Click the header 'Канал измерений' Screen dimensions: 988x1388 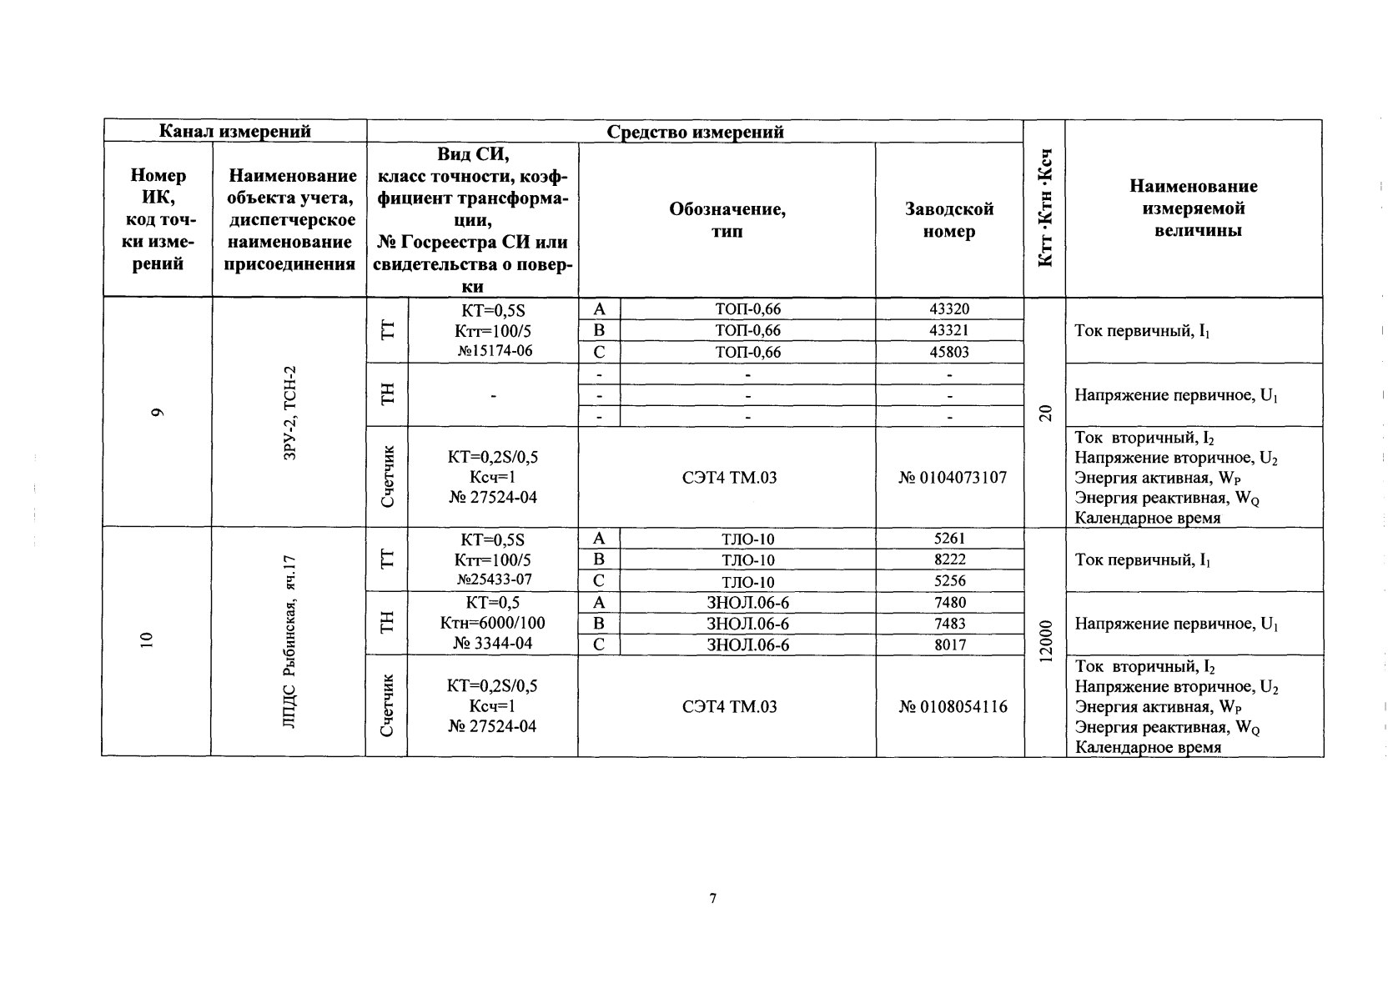234,131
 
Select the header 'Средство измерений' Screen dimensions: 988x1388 695,132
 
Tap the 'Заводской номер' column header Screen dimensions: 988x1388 949,220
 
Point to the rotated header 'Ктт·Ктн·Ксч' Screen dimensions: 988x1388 1045,208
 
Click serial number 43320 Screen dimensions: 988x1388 949,309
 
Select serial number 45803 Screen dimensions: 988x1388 949,352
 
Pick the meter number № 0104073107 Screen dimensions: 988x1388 953,478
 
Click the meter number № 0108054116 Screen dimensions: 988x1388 953,707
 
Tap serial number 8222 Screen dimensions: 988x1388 949,560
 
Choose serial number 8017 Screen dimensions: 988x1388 949,644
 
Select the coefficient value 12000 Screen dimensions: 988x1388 1046,642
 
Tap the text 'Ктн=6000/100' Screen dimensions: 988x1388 492,623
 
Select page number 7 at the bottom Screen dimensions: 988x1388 712,898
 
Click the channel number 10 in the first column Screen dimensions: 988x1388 148,640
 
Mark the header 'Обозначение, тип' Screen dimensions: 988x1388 727,220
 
